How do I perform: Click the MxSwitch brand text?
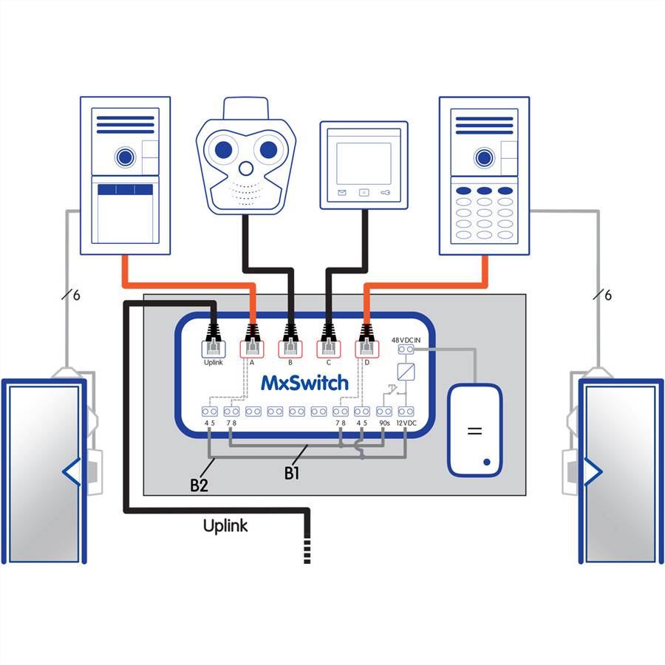pos(304,383)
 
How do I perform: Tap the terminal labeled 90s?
pos(385,423)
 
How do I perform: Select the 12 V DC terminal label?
pos(406,423)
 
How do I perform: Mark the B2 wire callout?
pos(199,485)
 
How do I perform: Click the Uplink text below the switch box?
pos(225,526)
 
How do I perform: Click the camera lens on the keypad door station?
pos(484,156)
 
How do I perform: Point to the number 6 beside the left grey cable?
pos(76,296)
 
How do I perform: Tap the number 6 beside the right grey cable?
pos(608,296)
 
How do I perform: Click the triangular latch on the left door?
pos(72,471)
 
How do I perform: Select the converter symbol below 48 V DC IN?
pos(406,371)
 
